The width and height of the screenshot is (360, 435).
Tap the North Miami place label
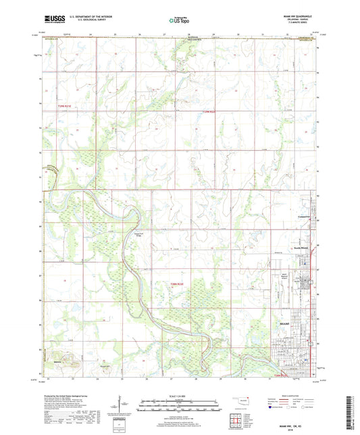[x=301, y=247]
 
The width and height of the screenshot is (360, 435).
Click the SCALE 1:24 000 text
[x=179, y=396]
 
